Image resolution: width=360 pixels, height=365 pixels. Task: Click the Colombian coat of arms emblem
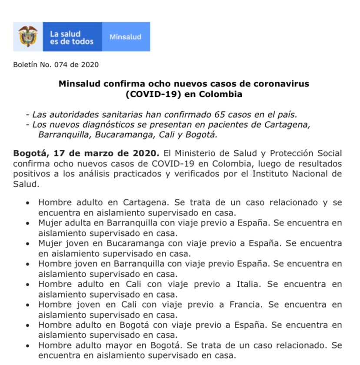tap(27, 36)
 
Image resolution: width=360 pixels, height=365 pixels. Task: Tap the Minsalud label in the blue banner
tap(125, 37)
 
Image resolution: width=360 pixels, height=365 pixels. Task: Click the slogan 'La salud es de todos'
tap(72, 37)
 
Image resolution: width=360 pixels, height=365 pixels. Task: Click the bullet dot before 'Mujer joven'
tap(28, 244)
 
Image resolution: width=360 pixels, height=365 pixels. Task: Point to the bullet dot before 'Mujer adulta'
tap(28, 223)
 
